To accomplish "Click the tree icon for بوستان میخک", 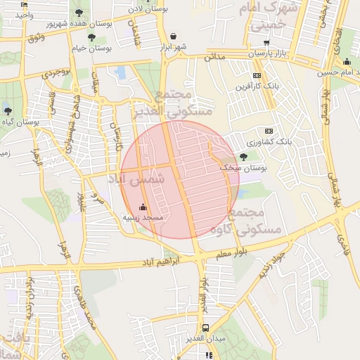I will click(243, 157).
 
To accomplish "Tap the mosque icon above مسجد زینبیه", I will click(143, 207).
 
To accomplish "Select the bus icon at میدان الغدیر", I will click(205, 328).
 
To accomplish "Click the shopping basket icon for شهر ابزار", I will click(174, 36).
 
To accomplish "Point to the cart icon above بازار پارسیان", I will click(266, 43).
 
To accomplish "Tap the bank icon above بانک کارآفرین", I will click(257, 75).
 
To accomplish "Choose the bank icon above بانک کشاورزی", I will click(268, 131).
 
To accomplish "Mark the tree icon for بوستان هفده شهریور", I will click(78, 13).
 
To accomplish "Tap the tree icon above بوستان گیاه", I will click(7, 111).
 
